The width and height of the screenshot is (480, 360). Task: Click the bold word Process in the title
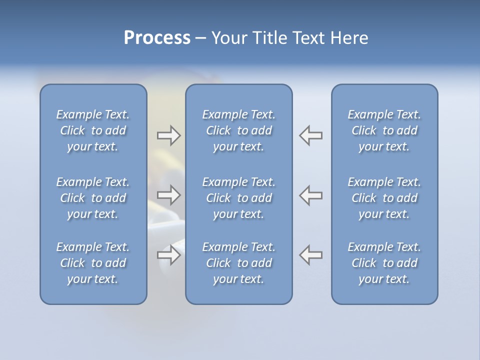click(157, 38)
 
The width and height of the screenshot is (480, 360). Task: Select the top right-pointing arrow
click(168, 135)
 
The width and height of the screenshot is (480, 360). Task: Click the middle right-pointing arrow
click(168, 195)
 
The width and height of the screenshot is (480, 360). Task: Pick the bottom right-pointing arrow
click(168, 255)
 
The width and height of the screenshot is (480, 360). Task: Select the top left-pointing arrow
click(311, 135)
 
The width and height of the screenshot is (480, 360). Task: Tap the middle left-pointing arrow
click(311, 195)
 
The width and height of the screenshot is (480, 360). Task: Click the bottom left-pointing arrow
click(311, 255)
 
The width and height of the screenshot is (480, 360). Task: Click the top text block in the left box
click(93, 130)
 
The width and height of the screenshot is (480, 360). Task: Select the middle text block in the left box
click(93, 198)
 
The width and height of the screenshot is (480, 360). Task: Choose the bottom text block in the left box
click(93, 263)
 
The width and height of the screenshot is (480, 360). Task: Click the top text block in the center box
click(238, 130)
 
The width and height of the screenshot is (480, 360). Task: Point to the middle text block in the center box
click(238, 198)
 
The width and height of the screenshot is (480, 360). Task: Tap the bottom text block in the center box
click(238, 263)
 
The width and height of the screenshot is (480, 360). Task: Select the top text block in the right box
click(384, 130)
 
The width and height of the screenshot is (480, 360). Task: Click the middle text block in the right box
click(384, 198)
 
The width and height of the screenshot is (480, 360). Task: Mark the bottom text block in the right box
click(384, 263)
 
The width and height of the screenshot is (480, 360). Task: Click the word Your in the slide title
click(228, 38)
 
